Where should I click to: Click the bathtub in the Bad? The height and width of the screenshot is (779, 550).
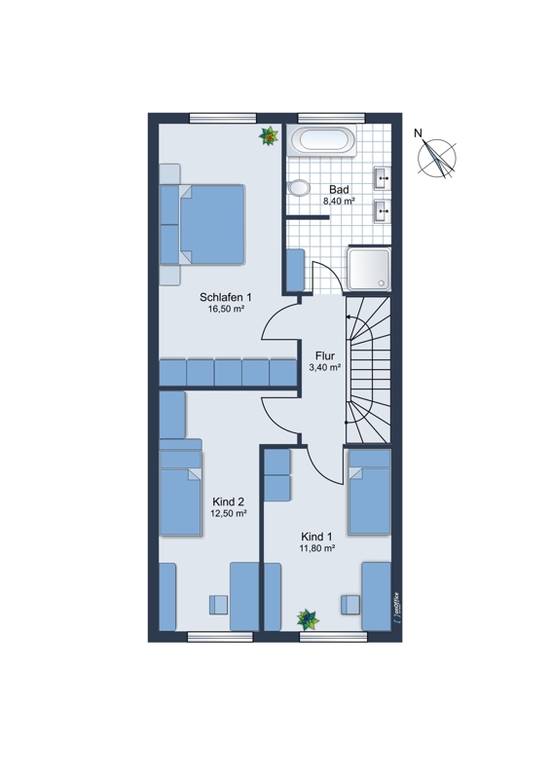click(323, 140)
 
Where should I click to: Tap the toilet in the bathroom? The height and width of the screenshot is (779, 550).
click(298, 188)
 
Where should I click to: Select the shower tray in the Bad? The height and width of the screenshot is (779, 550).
click(369, 270)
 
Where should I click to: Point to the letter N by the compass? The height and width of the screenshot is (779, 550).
click(419, 133)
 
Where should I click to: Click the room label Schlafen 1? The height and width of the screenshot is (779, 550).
click(226, 297)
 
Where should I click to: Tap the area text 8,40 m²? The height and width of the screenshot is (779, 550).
click(339, 202)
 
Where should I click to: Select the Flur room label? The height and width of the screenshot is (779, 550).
click(325, 355)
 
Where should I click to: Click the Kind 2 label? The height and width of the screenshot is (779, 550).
click(228, 501)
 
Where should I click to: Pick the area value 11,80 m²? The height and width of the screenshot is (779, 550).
click(317, 548)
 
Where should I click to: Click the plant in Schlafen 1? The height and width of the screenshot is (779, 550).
click(269, 135)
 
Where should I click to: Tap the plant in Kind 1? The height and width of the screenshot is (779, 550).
click(308, 619)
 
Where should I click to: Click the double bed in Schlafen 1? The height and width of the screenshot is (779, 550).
click(202, 225)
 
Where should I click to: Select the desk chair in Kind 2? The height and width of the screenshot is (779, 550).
click(218, 604)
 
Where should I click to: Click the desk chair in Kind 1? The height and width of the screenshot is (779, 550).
click(350, 605)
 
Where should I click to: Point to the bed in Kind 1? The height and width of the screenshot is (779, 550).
click(369, 492)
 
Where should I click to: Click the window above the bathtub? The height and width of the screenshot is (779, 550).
click(331, 118)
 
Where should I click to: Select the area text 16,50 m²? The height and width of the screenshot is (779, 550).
click(226, 309)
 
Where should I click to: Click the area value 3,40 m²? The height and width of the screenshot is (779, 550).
click(325, 368)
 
